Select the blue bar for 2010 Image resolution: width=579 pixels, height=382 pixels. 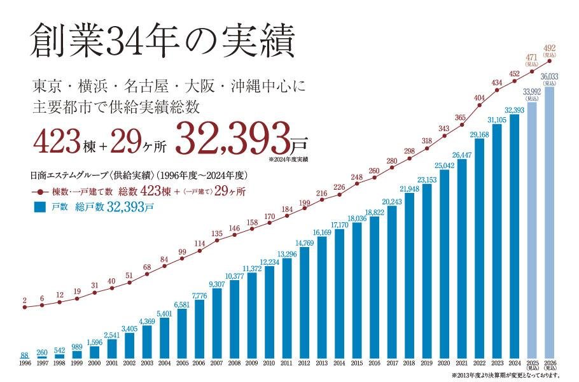point(269,313)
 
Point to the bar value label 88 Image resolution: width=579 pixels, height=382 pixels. point(24,355)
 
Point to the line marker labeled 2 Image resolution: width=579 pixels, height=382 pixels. point(24,308)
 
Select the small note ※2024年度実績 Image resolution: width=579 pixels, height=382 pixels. point(288,157)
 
